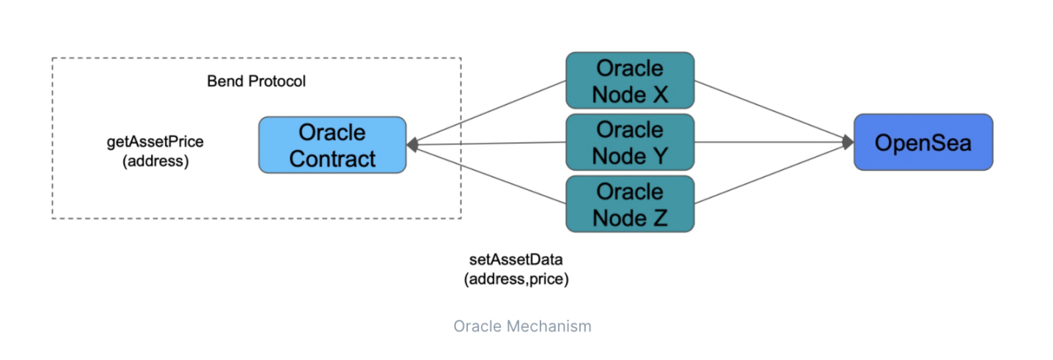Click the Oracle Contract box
tap(331, 144)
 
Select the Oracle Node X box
tap(630, 81)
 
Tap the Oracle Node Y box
tap(630, 142)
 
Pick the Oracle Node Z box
tap(630, 204)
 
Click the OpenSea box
tap(922, 142)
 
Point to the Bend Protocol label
tap(256, 81)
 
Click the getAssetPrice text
tap(155, 142)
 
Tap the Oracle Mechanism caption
tap(522, 326)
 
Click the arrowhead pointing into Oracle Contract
tap(413, 145)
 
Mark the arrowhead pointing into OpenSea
tap(848, 142)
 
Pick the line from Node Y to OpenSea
tap(770, 142)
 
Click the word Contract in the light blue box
tap(332, 158)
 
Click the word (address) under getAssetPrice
tap(155, 161)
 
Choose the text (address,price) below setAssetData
tap(516, 279)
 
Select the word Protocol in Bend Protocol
tap(276, 81)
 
